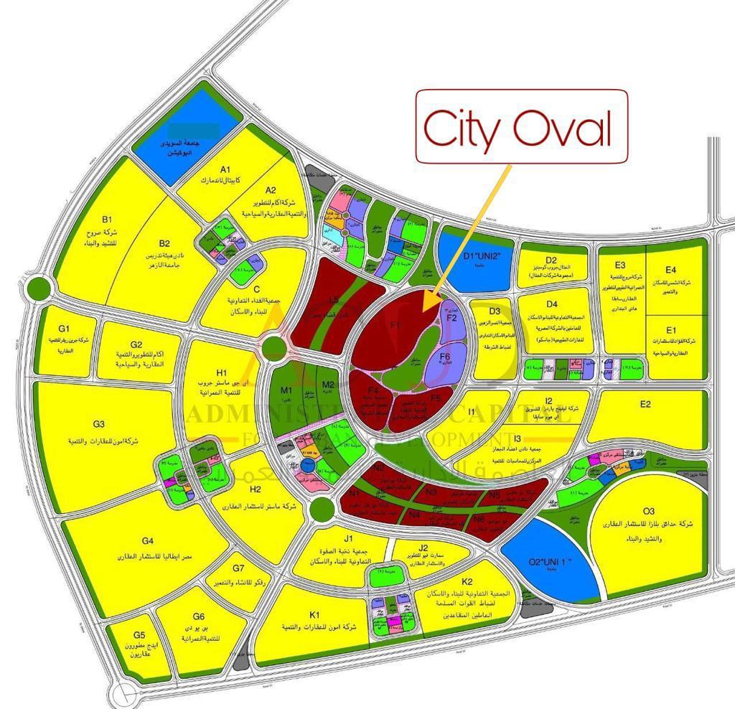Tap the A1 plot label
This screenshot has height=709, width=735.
click(x=225, y=169)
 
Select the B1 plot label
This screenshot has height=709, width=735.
click(x=107, y=219)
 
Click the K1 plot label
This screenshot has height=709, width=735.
click(x=314, y=615)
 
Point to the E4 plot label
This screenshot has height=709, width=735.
click(x=670, y=270)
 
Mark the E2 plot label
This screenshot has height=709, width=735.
click(x=646, y=405)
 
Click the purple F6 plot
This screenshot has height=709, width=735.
click(x=444, y=357)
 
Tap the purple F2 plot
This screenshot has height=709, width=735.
click(x=451, y=316)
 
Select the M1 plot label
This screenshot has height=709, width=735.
click(x=286, y=390)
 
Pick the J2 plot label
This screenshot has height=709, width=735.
click(x=423, y=549)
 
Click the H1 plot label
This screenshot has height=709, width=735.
click(x=222, y=372)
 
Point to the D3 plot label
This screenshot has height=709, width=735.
click(x=495, y=311)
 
